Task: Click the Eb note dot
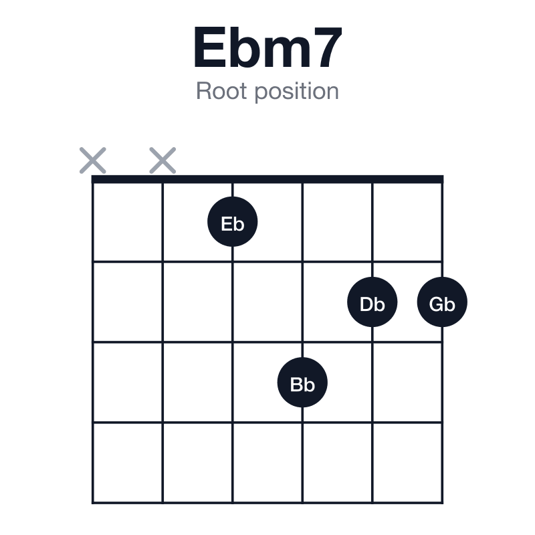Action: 232,221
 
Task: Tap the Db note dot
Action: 372,302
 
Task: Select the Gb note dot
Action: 442,302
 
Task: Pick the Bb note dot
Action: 302,383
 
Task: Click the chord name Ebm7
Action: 268,47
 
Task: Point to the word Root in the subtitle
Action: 221,91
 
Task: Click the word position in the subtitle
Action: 297,92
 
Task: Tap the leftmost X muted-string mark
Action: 93,160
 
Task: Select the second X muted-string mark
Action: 163,160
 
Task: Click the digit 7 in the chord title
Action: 328,47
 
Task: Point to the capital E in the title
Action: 209,47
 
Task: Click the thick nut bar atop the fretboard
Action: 267,179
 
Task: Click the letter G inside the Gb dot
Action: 436,304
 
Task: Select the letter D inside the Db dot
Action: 366,304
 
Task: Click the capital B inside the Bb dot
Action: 296,385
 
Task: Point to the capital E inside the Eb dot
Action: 227,224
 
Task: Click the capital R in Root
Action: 204,91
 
